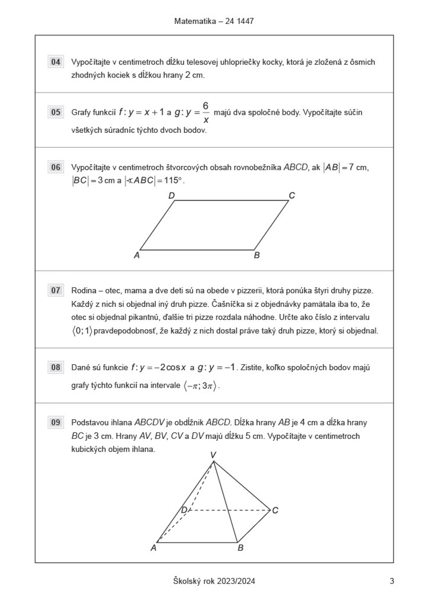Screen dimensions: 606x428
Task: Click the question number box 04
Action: pyautogui.click(x=56, y=62)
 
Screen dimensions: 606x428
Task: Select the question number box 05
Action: pyautogui.click(x=56, y=112)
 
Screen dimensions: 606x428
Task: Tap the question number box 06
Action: pyautogui.click(x=56, y=167)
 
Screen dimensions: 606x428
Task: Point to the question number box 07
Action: pyautogui.click(x=56, y=290)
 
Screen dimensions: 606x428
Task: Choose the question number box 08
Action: pyautogui.click(x=56, y=367)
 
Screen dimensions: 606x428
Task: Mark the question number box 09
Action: pyautogui.click(x=56, y=422)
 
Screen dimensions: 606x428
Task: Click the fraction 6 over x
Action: pyautogui.click(x=205, y=113)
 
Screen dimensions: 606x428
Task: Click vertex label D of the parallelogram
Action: pyautogui.click(x=172, y=196)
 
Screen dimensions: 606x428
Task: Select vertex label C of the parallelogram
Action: pyautogui.click(x=292, y=196)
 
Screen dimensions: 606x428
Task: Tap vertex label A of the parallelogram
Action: pyautogui.click(x=137, y=255)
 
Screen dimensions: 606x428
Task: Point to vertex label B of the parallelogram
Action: pyautogui.click(x=257, y=255)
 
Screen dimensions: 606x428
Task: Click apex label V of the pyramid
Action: pyautogui.click(x=213, y=455)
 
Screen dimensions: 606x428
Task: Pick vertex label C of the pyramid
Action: pyautogui.click(x=275, y=510)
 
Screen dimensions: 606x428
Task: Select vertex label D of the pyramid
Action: pyautogui.click(x=184, y=510)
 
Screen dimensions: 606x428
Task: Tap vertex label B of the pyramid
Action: pyautogui.click(x=241, y=548)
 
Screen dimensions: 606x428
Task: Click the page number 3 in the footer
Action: pyautogui.click(x=392, y=581)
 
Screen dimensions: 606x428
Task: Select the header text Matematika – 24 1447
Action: pyautogui.click(x=214, y=21)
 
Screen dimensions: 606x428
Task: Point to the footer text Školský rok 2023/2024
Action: pyautogui.click(x=214, y=581)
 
